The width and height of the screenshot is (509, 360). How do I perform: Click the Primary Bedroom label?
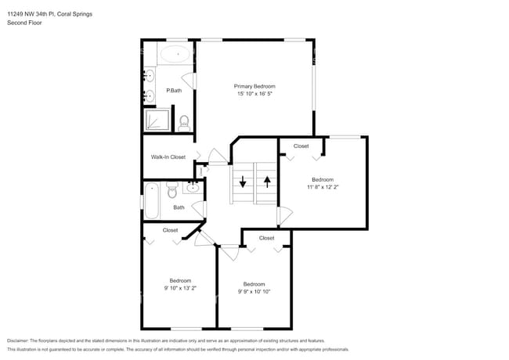[x=254, y=86]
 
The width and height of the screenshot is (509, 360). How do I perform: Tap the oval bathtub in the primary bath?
[x=175, y=55]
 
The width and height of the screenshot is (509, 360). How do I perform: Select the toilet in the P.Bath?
[x=185, y=122]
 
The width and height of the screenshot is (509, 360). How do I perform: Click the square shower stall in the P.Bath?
[x=155, y=120]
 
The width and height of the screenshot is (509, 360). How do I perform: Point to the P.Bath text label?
[x=174, y=91]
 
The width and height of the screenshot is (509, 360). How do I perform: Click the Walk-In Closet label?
[x=168, y=157]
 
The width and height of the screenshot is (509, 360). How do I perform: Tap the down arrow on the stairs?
[x=243, y=182]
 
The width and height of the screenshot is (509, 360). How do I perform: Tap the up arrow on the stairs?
[x=267, y=182]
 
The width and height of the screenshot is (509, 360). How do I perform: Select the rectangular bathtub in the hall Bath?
[x=152, y=200]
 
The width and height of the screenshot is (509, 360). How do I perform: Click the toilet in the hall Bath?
[x=173, y=187]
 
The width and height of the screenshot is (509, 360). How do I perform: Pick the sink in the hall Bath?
[x=192, y=187]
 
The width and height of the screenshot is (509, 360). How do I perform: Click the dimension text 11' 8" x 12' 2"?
[x=323, y=187]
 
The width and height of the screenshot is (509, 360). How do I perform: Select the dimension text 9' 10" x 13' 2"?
[x=179, y=288]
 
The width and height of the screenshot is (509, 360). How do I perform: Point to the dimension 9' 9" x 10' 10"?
[x=254, y=291]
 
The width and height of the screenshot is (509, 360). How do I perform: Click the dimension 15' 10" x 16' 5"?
[x=254, y=94]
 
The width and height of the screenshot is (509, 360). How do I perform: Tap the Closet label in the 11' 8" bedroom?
[x=301, y=146]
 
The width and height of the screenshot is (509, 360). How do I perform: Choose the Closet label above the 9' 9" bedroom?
[x=266, y=238]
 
